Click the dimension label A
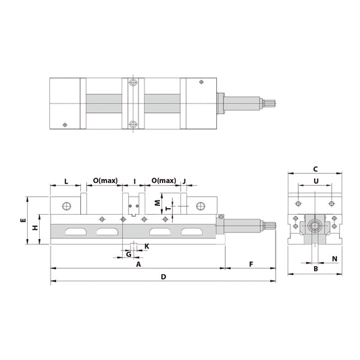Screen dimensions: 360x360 click(x=138, y=265)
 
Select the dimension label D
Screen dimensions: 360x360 click(x=163, y=277)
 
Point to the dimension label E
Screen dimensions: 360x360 click(x=22, y=221)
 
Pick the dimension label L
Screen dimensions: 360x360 click(x=66, y=182)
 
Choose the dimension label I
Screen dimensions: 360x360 click(x=134, y=182)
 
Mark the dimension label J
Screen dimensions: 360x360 click(x=184, y=182)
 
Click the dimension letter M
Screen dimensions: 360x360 click(x=157, y=203)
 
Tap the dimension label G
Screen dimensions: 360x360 click(x=128, y=254)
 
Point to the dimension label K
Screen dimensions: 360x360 click(x=147, y=247)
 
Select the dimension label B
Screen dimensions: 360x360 click(x=315, y=269)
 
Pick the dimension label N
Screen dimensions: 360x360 click(x=335, y=259)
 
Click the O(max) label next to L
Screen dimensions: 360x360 click(x=105, y=182)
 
